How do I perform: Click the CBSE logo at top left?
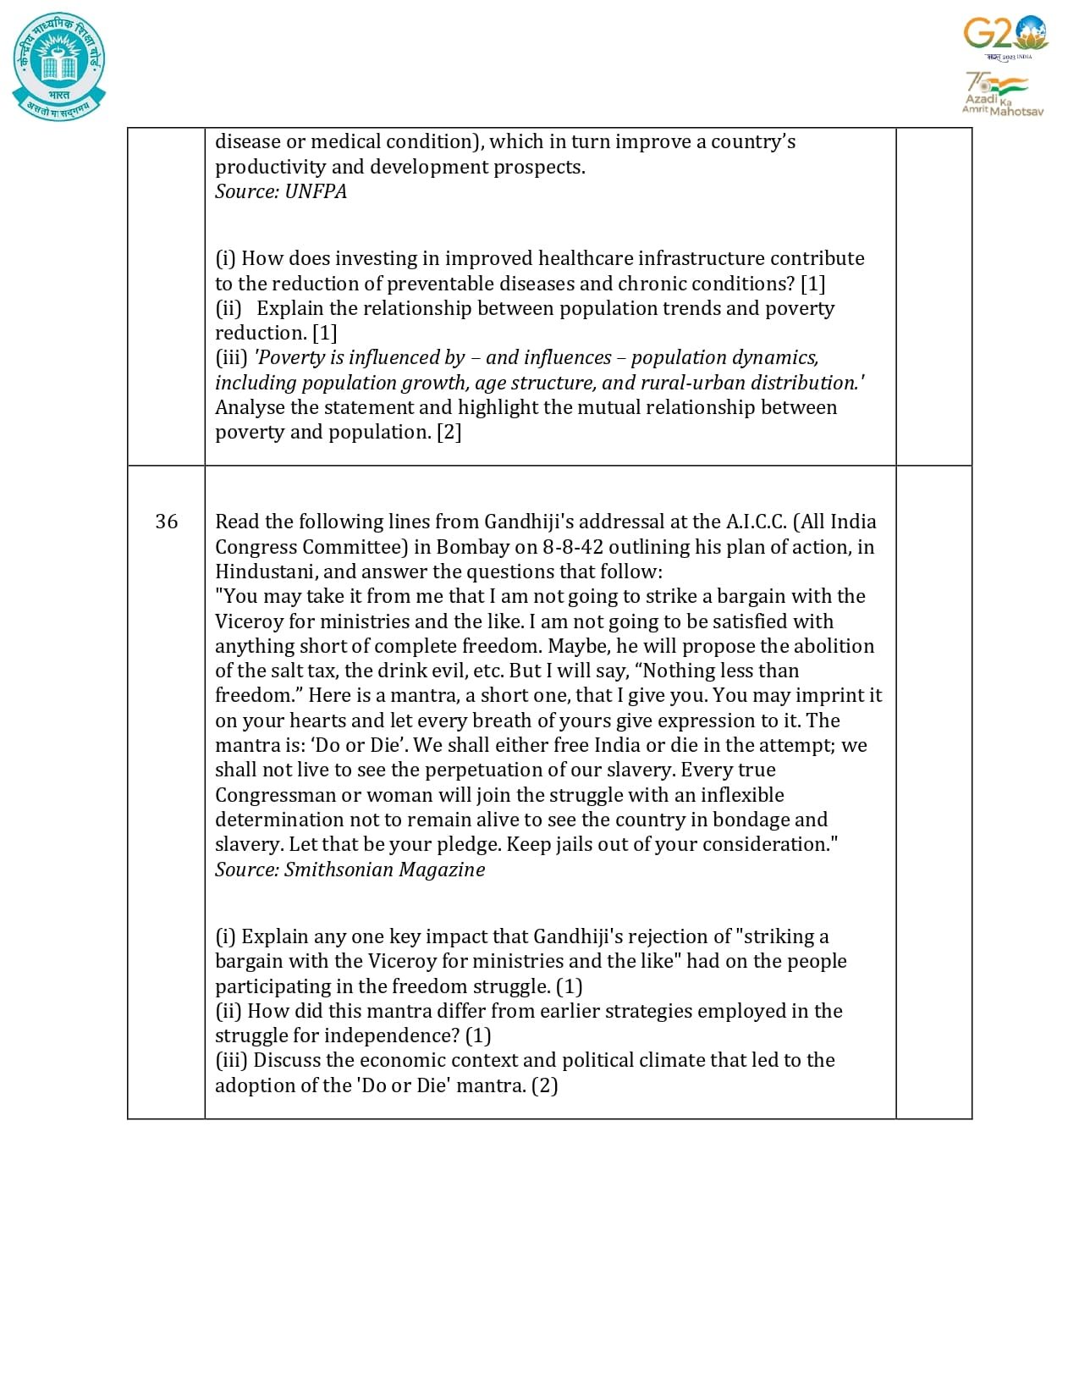(59, 66)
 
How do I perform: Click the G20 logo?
(1005, 36)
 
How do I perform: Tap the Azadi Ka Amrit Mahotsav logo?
(1002, 94)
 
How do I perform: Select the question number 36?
(167, 522)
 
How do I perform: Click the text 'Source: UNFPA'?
(281, 191)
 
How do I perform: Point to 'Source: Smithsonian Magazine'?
(350, 870)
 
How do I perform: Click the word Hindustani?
(266, 571)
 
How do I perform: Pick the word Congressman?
(275, 795)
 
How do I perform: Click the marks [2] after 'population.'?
(449, 432)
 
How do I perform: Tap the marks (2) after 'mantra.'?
(544, 1085)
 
